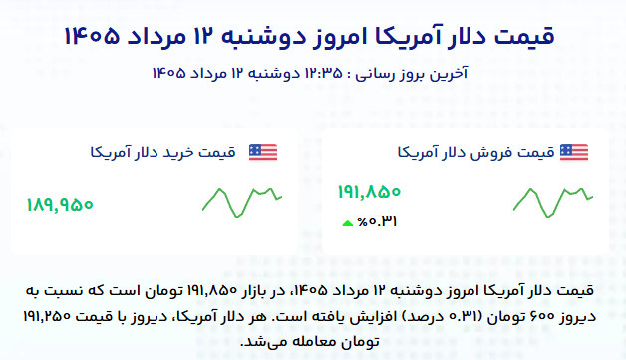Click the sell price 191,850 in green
point(369,192)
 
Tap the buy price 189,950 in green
point(60,205)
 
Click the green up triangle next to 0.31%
point(348,223)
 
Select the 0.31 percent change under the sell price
point(377,222)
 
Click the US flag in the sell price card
point(574,153)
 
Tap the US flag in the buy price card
point(263,153)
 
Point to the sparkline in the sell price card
point(553,203)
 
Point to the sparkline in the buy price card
point(242,203)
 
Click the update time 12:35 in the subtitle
point(324,74)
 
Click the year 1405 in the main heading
point(92,36)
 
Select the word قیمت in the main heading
point(524,36)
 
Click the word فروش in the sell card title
point(493,153)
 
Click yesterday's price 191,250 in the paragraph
point(47,317)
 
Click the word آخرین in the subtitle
point(449,74)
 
